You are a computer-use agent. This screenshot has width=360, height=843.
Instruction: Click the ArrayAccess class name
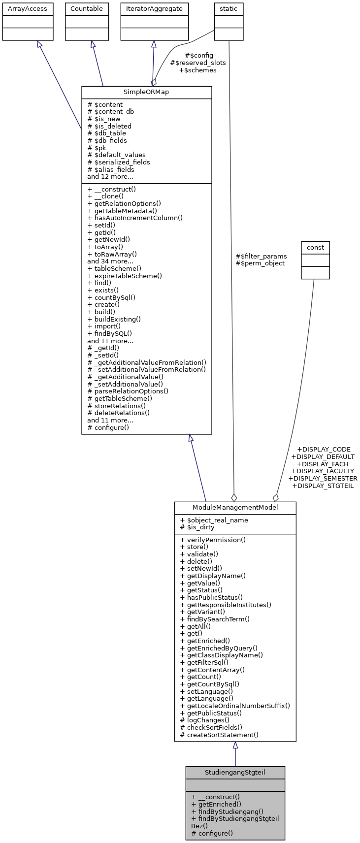pyautogui.click(x=28, y=8)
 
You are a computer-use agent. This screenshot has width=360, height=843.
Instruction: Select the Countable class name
pyautogui.click(x=87, y=8)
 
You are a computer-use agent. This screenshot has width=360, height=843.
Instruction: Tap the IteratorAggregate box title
pyautogui.click(x=154, y=8)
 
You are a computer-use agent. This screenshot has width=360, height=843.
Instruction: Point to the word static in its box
pyautogui.click(x=229, y=8)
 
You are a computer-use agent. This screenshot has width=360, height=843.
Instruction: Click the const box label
pyautogui.click(x=315, y=247)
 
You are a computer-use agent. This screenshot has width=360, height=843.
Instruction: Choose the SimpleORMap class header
pyautogui.click(x=146, y=93)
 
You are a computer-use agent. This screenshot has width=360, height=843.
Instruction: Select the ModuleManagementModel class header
pyautogui.click(x=235, y=508)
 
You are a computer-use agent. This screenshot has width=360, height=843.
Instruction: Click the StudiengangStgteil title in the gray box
pyautogui.click(x=235, y=772)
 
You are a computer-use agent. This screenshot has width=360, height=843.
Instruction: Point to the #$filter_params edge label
pyautogui.click(x=261, y=256)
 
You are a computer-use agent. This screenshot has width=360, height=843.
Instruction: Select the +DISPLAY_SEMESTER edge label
pyautogui.click(x=323, y=478)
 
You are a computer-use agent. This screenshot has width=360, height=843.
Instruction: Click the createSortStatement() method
pyautogui.click(x=219, y=735)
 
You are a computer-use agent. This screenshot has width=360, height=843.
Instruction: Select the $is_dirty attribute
pyautogui.click(x=197, y=527)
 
